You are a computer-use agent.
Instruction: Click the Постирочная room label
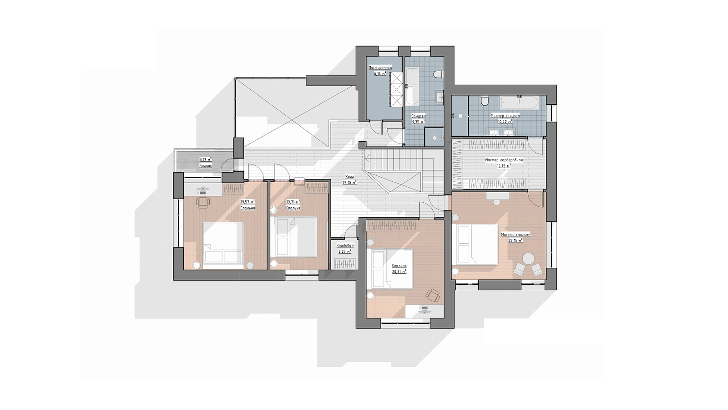(x=380, y=68)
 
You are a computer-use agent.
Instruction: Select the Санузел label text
(x=418, y=116)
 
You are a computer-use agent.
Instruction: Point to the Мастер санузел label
(x=505, y=116)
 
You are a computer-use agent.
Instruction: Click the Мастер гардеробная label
(x=504, y=160)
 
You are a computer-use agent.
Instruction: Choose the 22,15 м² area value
(x=516, y=241)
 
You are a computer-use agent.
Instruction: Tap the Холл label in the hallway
(x=349, y=177)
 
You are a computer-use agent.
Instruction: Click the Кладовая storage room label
(x=345, y=246)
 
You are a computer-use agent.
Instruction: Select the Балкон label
(x=206, y=166)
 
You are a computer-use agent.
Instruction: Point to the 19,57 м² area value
(x=248, y=202)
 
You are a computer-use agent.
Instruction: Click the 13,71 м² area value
(x=293, y=202)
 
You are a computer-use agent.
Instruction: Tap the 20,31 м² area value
(x=399, y=272)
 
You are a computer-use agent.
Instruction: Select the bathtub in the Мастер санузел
(x=519, y=102)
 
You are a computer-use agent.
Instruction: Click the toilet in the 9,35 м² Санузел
(x=438, y=75)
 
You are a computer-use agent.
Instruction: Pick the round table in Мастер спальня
(x=528, y=259)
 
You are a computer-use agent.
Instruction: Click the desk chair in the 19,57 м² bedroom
(x=202, y=202)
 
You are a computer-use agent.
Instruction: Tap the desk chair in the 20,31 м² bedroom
(x=433, y=295)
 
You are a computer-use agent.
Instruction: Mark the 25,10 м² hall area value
(x=349, y=183)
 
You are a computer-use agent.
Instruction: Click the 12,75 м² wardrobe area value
(x=504, y=166)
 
